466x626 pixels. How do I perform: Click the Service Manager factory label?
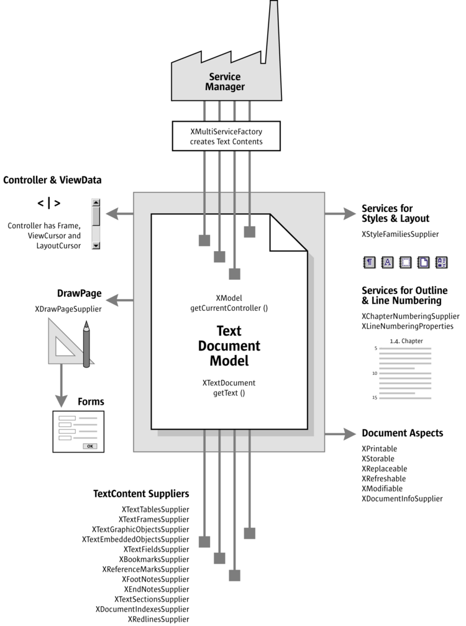click(x=225, y=82)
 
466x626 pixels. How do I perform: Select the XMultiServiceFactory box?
click(x=226, y=136)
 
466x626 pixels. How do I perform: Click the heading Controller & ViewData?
click(x=52, y=180)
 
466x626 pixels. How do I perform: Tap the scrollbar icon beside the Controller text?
click(x=96, y=224)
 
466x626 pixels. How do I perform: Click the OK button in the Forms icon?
click(x=90, y=446)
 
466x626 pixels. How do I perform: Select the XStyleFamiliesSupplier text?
click(x=400, y=234)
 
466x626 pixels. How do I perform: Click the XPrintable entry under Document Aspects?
click(x=379, y=449)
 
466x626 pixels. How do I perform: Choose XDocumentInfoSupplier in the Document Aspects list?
click(x=402, y=499)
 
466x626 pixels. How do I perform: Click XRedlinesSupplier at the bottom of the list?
click(x=158, y=619)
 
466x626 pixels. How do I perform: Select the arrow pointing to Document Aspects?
click(x=341, y=433)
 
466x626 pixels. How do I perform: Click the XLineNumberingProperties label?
click(x=407, y=326)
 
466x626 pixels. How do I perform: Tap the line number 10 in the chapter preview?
click(x=375, y=373)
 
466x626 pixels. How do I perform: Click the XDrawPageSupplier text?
click(x=68, y=308)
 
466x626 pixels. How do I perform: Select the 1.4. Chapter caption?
click(x=406, y=341)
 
